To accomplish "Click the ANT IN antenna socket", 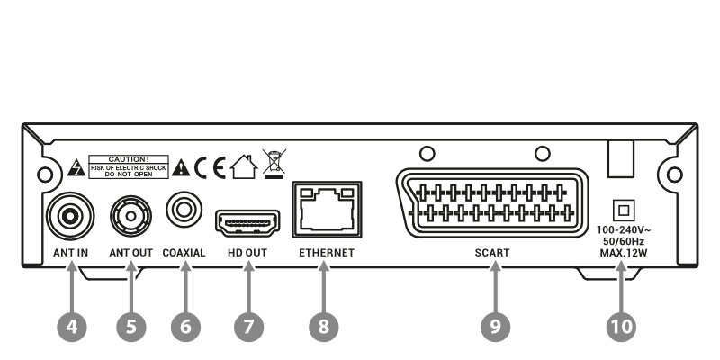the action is [70, 216].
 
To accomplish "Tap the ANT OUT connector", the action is [130, 216].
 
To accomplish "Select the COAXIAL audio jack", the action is [184, 210].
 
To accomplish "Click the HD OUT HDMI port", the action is [247, 223].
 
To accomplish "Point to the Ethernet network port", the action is [327, 210].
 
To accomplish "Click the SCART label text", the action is [492, 253].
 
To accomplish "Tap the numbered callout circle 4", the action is [72, 327].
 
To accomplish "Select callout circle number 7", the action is [249, 327].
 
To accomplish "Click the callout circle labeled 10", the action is [621, 327].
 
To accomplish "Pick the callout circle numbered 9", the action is [495, 327].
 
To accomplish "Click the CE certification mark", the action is [210, 168].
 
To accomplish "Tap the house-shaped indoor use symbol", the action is [244, 166].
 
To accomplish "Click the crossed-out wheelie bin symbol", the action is [274, 164].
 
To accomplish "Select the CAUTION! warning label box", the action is [129, 167].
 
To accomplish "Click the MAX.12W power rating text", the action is [624, 252].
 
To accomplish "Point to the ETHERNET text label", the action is [327, 253].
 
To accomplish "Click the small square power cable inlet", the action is [624, 211].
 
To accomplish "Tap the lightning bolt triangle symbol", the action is [76, 169].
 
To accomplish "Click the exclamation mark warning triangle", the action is [181, 168].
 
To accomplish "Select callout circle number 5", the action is [130, 327].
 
